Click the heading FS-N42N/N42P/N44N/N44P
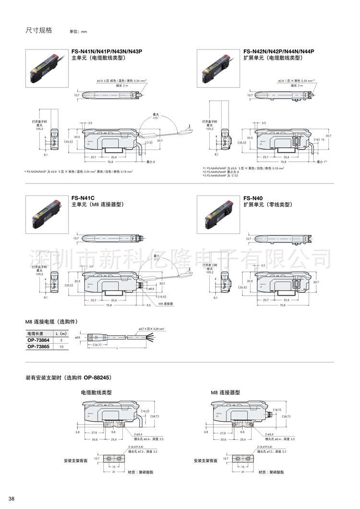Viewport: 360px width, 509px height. [278, 51]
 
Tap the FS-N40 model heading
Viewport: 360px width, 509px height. [253, 198]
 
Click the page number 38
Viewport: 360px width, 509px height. [12, 498]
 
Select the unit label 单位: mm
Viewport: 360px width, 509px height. [78, 32]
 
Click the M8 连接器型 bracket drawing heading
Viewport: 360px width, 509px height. [226, 392]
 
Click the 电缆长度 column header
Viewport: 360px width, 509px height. [36, 333]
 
